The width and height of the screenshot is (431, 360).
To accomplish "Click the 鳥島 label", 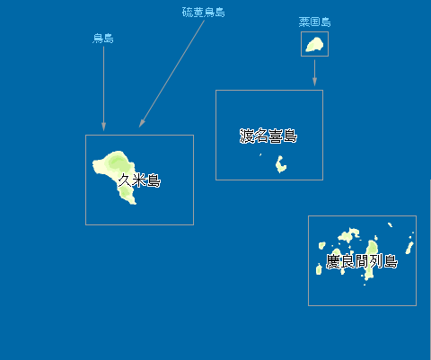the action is (x=103, y=39).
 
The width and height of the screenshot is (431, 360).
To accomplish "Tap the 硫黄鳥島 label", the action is (x=204, y=13).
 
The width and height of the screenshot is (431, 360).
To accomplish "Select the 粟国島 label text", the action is (x=314, y=22).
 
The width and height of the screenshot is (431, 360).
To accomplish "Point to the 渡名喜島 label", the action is (x=268, y=136).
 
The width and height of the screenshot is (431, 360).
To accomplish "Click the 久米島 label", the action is (x=139, y=180).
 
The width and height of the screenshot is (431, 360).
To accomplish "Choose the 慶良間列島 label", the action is (x=362, y=261).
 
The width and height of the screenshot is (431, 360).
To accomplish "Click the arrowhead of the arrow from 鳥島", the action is (x=103, y=127).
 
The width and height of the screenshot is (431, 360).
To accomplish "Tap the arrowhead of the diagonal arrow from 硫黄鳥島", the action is (x=141, y=123).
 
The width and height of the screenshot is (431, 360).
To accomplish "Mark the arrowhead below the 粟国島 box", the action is (x=314, y=82).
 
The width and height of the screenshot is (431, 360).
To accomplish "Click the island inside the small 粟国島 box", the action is (x=314, y=44).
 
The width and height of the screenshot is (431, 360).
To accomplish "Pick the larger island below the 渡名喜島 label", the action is (x=280, y=164).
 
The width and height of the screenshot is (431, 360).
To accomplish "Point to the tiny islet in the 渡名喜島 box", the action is (x=260, y=154).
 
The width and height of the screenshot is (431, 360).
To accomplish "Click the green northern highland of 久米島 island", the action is (x=118, y=162).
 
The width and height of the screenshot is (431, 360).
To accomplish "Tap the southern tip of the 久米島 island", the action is (x=134, y=204).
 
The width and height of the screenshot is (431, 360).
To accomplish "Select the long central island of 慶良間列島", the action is (x=371, y=259).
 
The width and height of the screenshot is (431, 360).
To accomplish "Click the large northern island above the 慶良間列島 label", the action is (x=349, y=235).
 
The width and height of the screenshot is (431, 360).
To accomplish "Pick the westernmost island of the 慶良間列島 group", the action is (x=319, y=269).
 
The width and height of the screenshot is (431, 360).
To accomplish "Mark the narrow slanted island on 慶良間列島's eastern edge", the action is (x=409, y=248).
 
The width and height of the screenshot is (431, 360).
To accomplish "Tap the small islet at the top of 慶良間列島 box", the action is (x=390, y=224).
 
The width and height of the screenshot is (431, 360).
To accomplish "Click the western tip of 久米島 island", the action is (x=93, y=163).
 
